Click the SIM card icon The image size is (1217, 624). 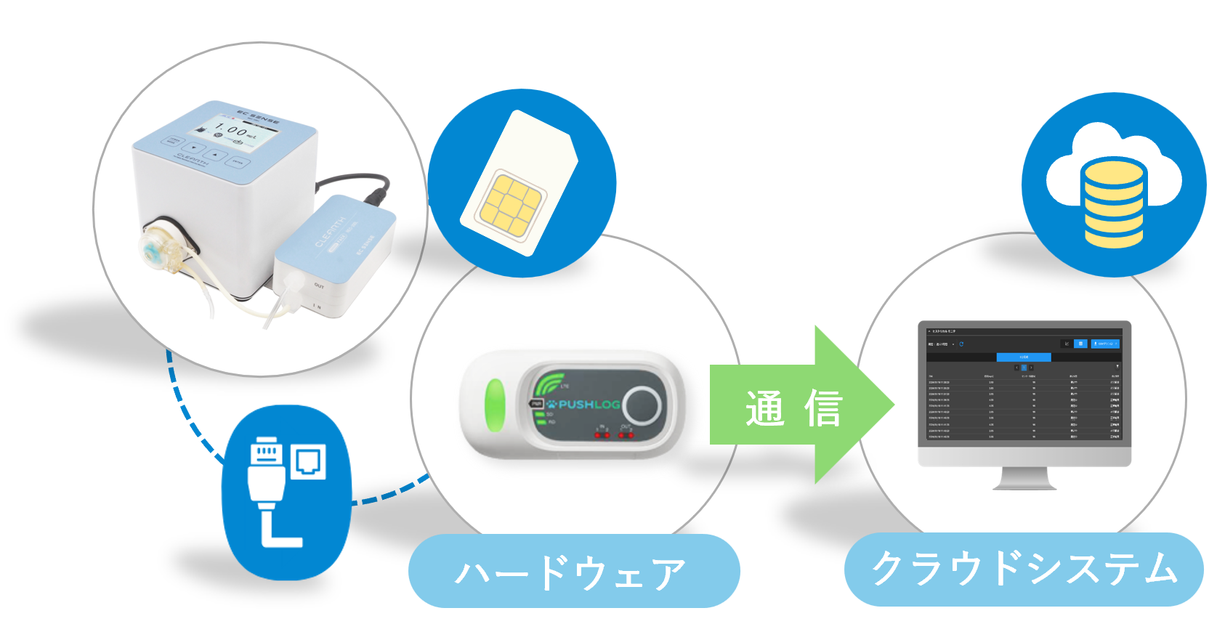[x=520, y=184]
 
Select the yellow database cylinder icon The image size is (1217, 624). [x=1113, y=203]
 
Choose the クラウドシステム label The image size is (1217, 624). [x=1024, y=570]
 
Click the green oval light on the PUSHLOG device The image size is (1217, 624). [x=494, y=405]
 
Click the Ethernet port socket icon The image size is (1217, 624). [x=309, y=461]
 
